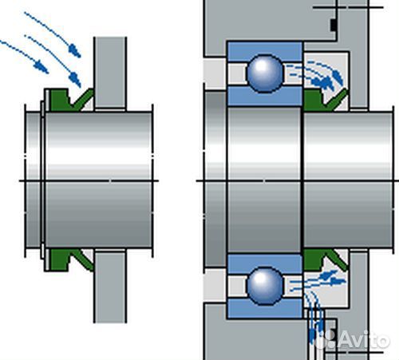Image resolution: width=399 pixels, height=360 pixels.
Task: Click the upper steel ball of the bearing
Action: pos(265,73)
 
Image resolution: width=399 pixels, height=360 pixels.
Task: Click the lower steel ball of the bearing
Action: pos(265,286)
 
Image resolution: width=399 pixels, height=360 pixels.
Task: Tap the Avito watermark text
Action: pos(364,340)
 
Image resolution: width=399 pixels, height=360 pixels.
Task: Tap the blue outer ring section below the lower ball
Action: pos(265,308)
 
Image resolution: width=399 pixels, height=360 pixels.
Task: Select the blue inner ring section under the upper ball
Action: pos(265,97)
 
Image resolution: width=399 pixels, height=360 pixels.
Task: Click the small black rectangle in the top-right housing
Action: pos(333,25)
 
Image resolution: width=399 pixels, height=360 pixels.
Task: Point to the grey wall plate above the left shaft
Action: pos(110,73)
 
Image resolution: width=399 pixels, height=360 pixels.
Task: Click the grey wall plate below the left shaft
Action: pos(110,287)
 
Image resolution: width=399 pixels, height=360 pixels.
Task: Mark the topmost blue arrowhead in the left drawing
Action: pos(75,51)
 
